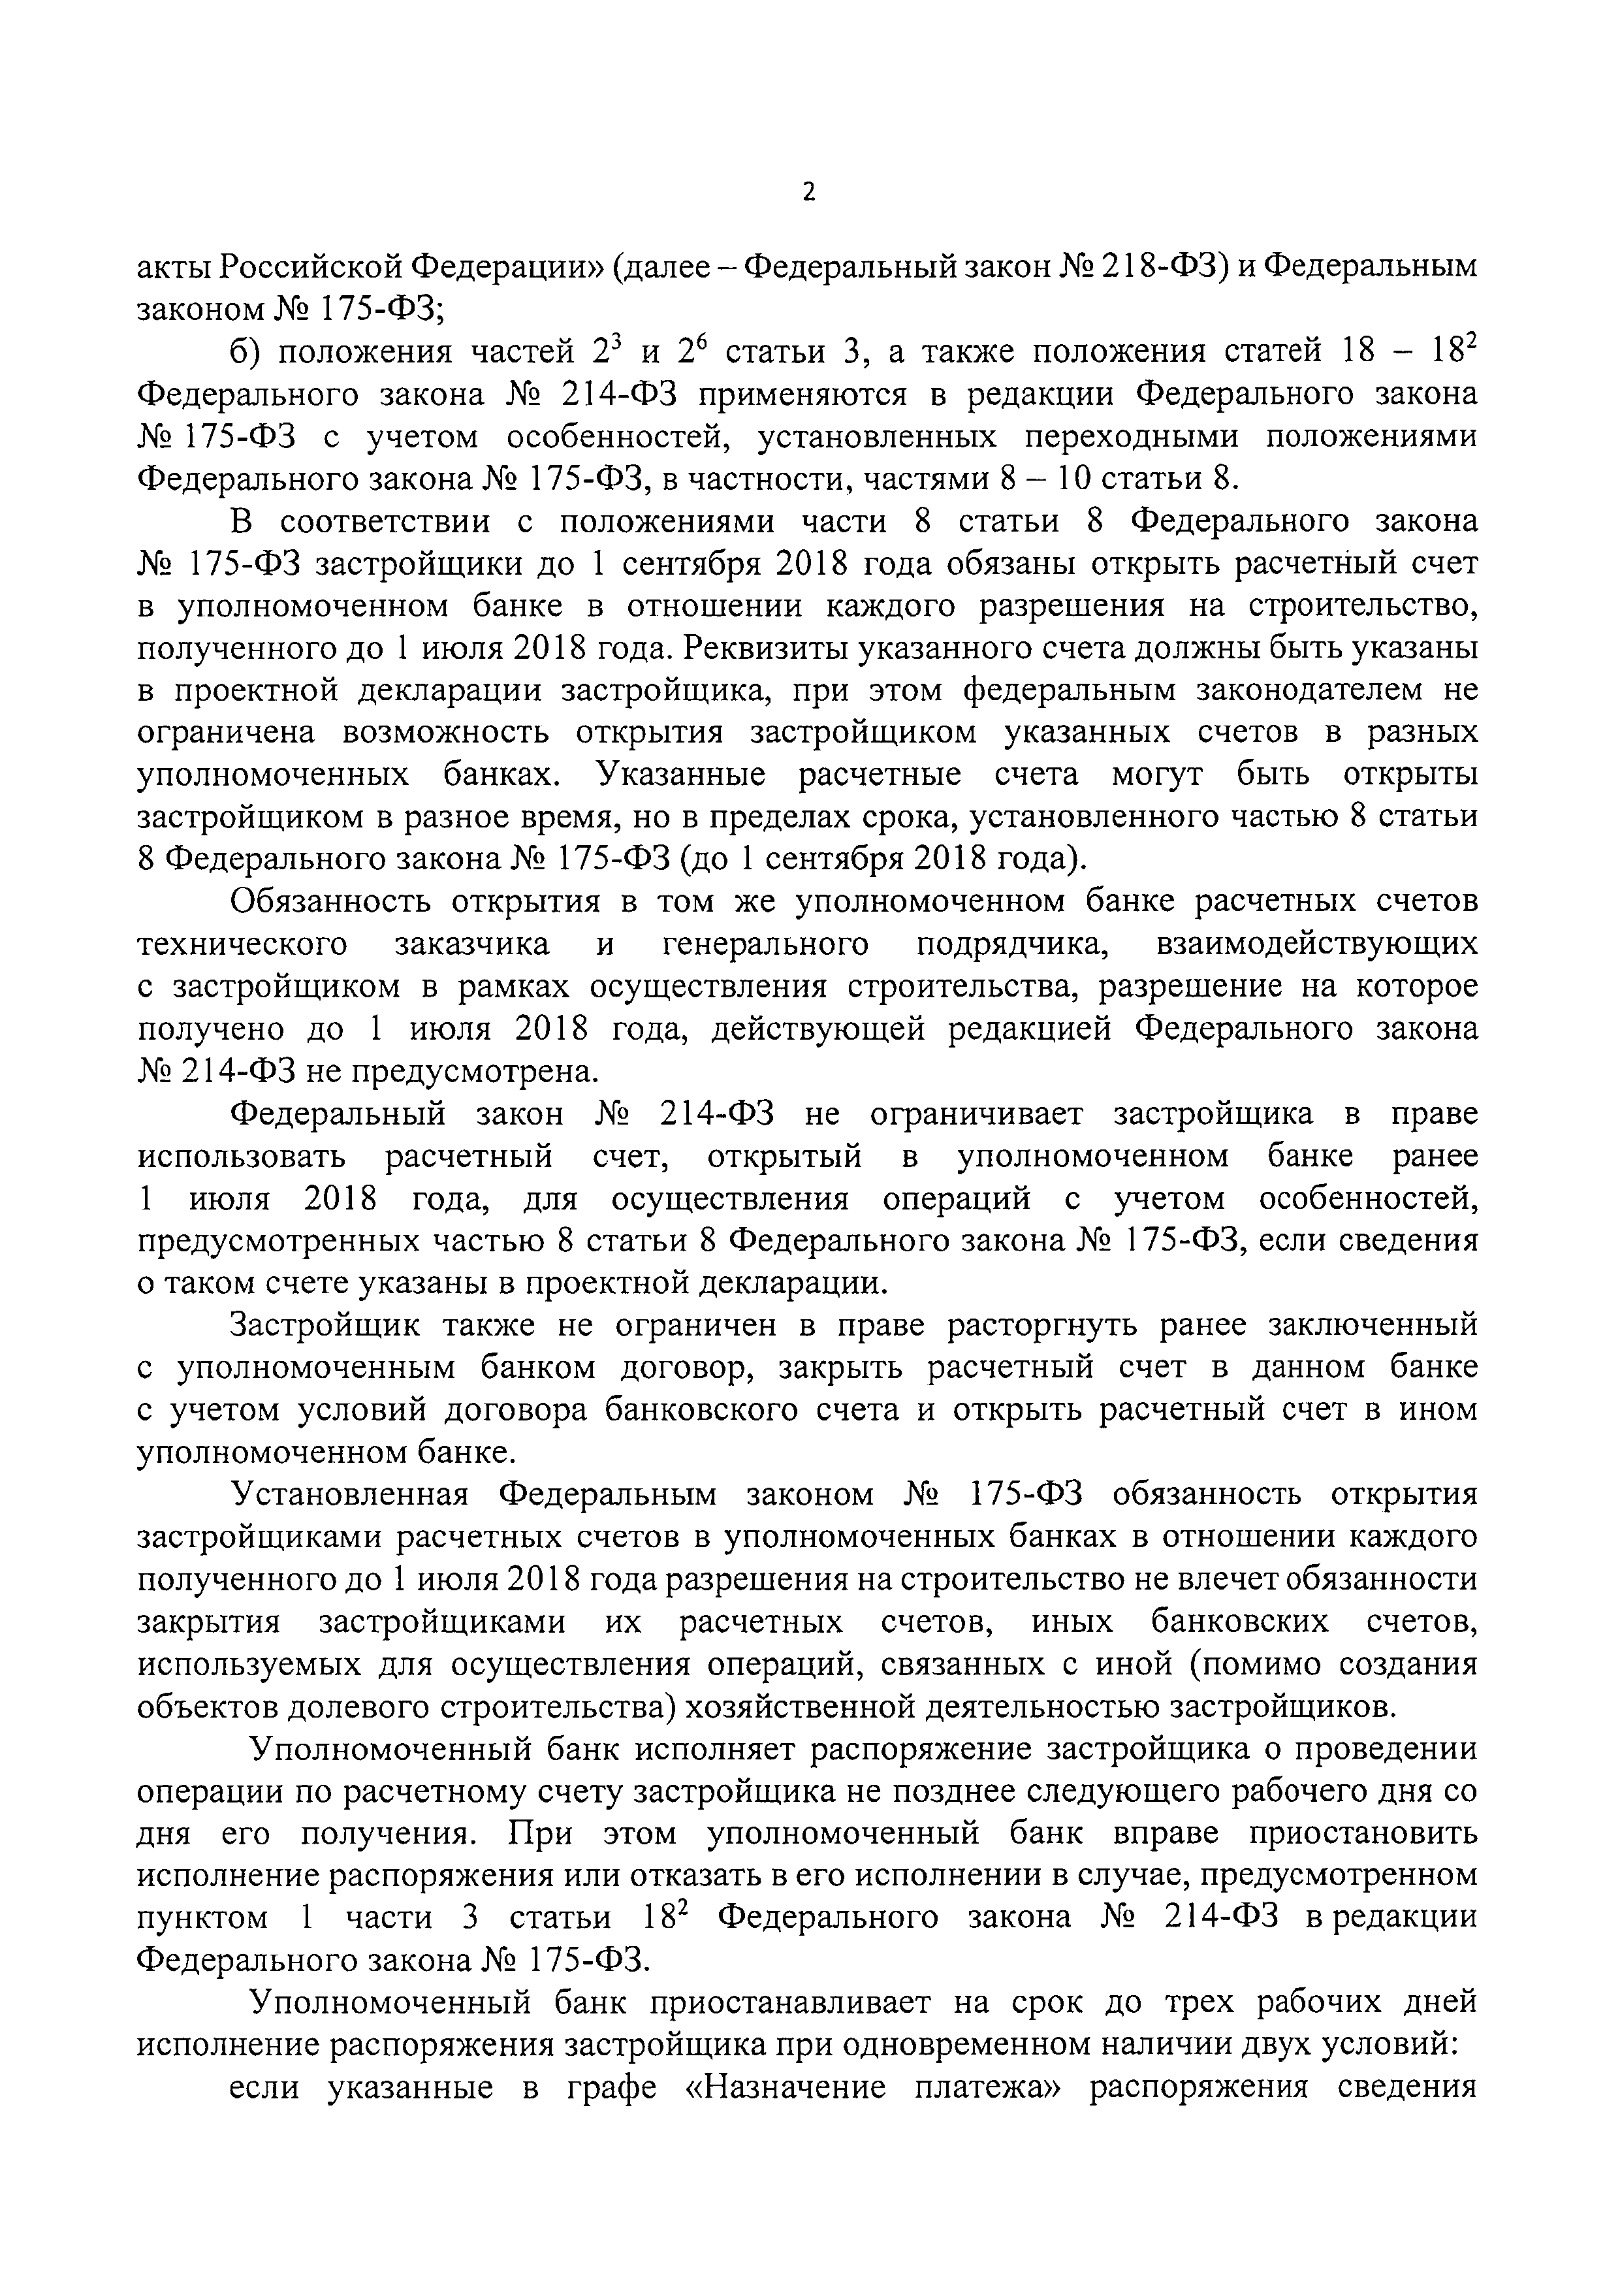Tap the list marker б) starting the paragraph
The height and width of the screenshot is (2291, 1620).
point(246,353)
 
